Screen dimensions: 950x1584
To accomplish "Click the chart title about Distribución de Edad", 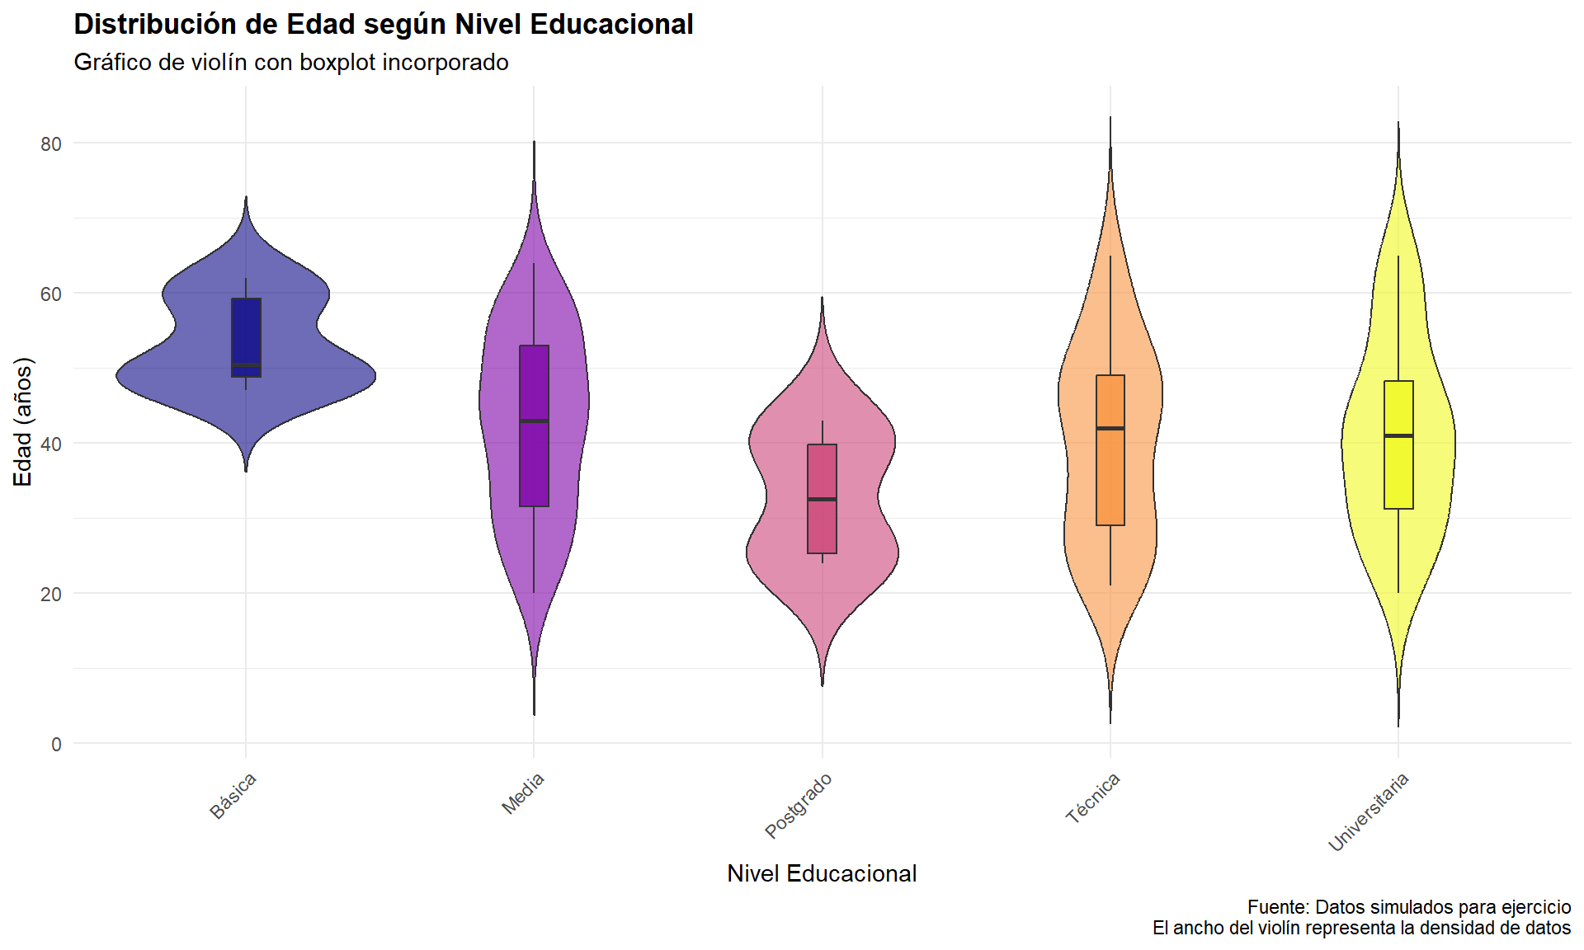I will (x=384, y=25).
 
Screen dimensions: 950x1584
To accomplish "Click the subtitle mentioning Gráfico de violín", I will (x=291, y=63).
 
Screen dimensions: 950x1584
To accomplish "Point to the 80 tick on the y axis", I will (x=51, y=143).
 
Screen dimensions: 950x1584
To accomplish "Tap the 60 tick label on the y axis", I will (x=51, y=294).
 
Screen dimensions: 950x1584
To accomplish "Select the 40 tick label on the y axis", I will (x=51, y=444).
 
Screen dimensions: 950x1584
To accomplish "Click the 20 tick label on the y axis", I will (x=51, y=594).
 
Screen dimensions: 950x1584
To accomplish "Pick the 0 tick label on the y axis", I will (x=56, y=744).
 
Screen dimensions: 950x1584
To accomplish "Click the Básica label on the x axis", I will (x=233, y=796).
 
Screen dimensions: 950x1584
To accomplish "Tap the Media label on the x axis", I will (x=524, y=793).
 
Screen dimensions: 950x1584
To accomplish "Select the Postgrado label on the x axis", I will (x=799, y=806).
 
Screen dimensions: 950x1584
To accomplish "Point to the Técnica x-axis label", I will (x=1093, y=797).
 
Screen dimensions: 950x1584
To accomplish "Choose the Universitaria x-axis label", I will (x=1369, y=812).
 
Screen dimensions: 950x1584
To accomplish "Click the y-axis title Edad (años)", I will (x=23, y=421).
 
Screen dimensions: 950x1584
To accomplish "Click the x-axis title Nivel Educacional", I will (x=822, y=874).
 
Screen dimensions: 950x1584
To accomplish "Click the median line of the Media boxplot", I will (x=534, y=421).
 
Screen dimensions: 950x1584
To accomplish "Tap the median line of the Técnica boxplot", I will (x=1110, y=428).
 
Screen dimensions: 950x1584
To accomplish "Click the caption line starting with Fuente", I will (x=1408, y=907).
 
